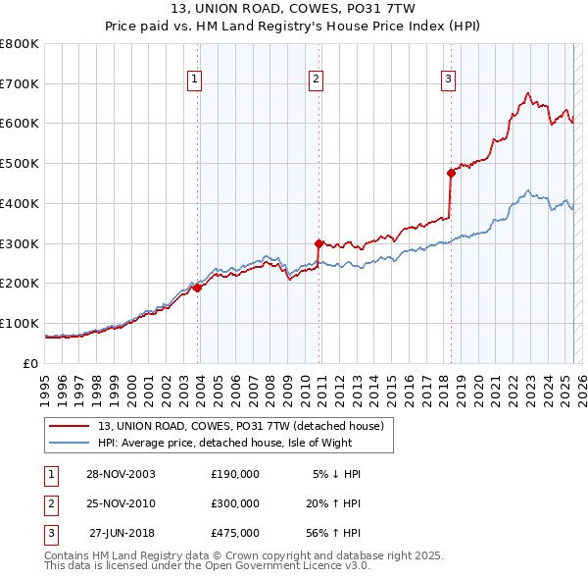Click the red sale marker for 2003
pyautogui.click(x=197, y=288)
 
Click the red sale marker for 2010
pyautogui.click(x=318, y=243)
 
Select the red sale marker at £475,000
pyautogui.click(x=451, y=173)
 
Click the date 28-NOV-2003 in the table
pyautogui.click(x=121, y=474)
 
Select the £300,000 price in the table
pyautogui.click(x=235, y=503)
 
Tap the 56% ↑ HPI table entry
pyautogui.click(x=333, y=533)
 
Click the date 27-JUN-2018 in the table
pyautogui.click(x=121, y=533)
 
